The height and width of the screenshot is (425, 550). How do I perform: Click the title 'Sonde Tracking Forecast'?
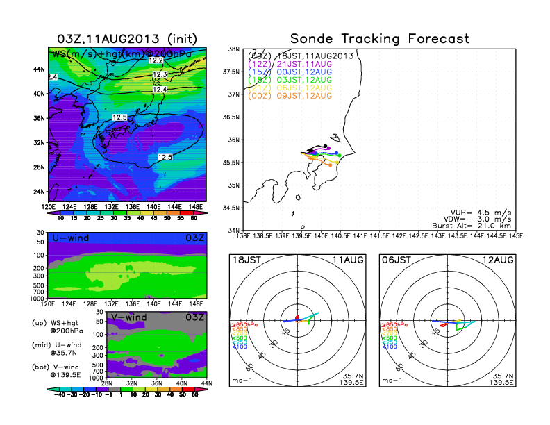[380, 38]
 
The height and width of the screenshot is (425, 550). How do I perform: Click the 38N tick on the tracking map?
[234, 49]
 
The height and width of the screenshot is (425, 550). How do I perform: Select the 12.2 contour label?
[157, 61]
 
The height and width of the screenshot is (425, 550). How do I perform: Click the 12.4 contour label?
[160, 90]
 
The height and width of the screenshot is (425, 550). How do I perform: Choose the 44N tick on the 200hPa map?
[40, 69]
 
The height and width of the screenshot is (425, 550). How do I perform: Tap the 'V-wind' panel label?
[129, 317]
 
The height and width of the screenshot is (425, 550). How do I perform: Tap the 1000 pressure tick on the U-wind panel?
[38, 298]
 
